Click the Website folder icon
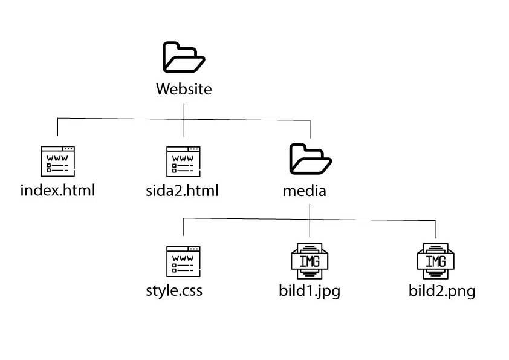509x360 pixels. pyautogui.click(x=184, y=57)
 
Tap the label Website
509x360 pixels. pyautogui.click(x=184, y=90)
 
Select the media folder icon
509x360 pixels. pyautogui.click(x=310, y=159)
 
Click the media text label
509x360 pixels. pyautogui.click(x=305, y=191)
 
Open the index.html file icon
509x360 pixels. pyautogui.click(x=57, y=162)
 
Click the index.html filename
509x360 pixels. pyautogui.click(x=58, y=191)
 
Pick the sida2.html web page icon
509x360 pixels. pyautogui.click(x=183, y=162)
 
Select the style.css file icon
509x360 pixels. pyautogui.click(x=183, y=261)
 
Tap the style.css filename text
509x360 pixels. pyautogui.click(x=174, y=291)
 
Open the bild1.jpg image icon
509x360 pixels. pyautogui.click(x=310, y=261)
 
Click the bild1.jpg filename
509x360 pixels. pyautogui.click(x=306, y=292)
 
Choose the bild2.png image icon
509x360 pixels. pyautogui.click(x=435, y=261)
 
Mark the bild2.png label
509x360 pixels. pyautogui.click(x=442, y=292)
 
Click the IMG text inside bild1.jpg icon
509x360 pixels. pyautogui.click(x=310, y=261)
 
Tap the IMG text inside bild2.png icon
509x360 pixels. pyautogui.click(x=435, y=261)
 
